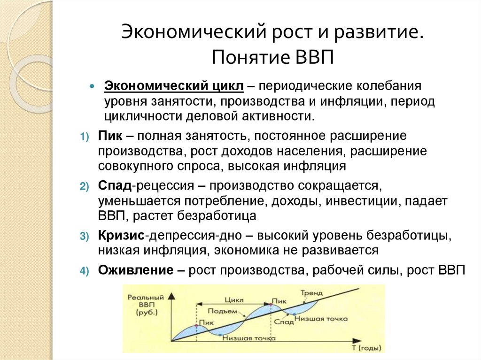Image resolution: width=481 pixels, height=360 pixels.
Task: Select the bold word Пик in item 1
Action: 110,136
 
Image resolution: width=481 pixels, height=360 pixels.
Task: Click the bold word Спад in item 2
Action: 115,185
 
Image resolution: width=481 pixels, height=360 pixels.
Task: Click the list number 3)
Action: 84,235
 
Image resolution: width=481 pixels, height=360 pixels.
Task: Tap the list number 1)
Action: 84,137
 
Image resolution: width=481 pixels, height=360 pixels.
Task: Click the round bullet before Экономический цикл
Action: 93,87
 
